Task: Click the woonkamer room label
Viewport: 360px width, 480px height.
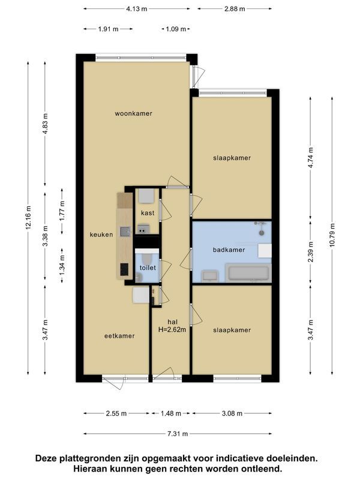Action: (134, 113)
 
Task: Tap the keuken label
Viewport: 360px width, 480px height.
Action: (101, 235)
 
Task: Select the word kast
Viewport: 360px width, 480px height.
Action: (148, 213)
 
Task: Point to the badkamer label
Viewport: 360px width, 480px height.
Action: (229, 250)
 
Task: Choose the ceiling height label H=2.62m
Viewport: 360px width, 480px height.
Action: (172, 329)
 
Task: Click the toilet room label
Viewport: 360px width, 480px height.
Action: (148, 268)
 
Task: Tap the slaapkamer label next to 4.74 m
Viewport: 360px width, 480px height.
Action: (232, 158)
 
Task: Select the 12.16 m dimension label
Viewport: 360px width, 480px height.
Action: (28, 218)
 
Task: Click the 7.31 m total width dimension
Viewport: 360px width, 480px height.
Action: (178, 434)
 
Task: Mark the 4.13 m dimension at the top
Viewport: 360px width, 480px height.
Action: (137, 9)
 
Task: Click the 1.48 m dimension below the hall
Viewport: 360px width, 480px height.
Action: (171, 413)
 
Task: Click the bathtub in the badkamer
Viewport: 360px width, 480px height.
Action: (249, 273)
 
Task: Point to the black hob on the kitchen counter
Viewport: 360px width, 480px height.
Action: (124, 270)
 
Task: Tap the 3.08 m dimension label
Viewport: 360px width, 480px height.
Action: (232, 413)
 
